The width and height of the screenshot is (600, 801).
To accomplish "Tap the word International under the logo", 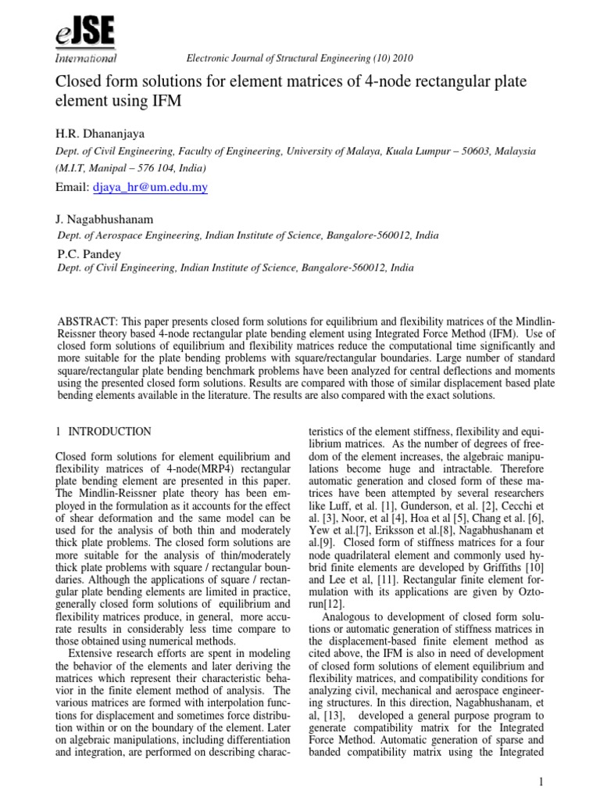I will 86,59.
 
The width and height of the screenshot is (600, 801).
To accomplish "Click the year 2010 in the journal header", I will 400,59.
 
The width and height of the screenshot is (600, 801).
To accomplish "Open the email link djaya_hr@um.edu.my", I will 150,189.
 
